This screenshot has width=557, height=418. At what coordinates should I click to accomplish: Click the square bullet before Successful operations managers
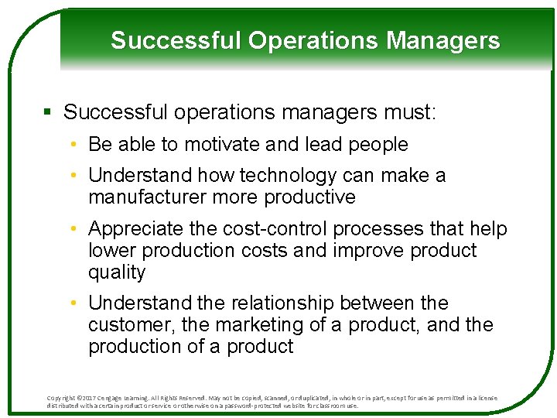pyautogui.click(x=48, y=113)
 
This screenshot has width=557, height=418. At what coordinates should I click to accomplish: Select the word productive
pyautogui.click(x=309, y=197)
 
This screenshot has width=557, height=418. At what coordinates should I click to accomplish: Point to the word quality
pyautogui.click(x=117, y=272)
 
